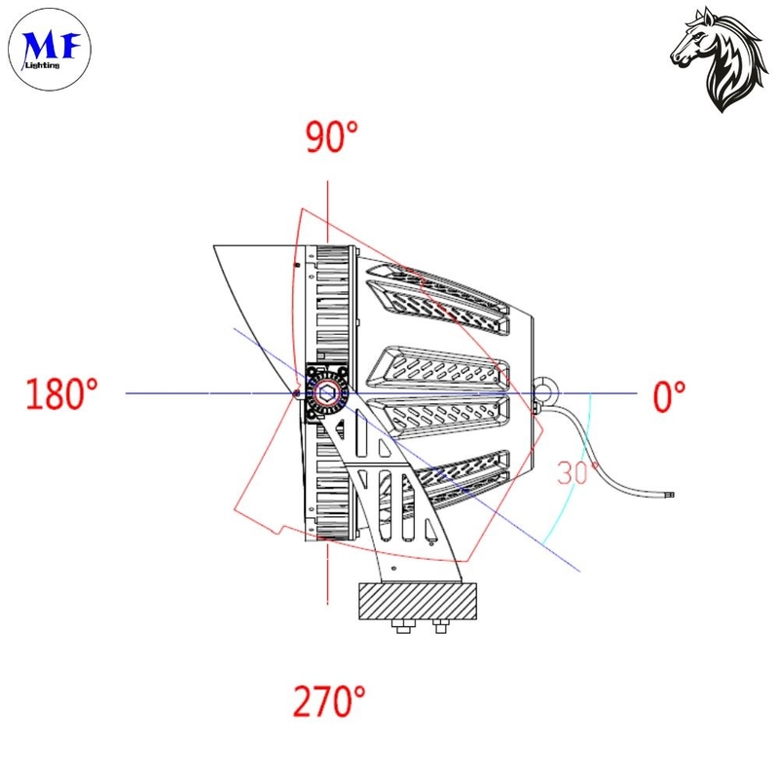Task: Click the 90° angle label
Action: point(331,136)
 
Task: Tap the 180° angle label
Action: point(61,393)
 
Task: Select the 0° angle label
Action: point(669,396)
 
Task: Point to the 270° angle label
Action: point(329,700)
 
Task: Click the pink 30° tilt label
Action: point(577,472)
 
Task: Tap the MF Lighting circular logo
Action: point(50,50)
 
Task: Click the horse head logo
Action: point(717,59)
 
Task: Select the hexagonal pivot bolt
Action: point(326,393)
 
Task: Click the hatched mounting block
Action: point(418,601)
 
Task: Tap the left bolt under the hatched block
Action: point(402,626)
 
